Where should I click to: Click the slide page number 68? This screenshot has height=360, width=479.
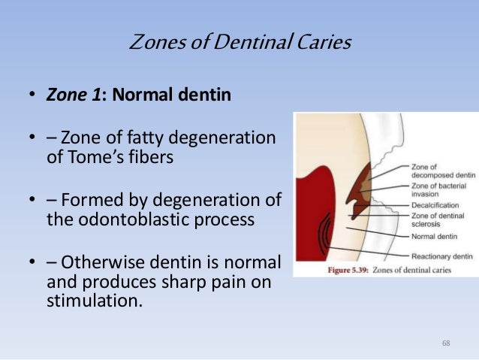point(447,343)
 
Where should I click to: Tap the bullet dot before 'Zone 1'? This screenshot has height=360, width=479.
point(32,97)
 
